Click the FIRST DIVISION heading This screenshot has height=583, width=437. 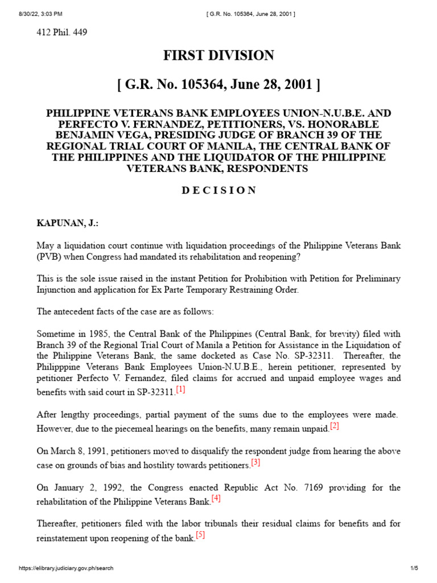pos(218,55)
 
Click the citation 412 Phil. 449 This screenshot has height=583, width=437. pos(62,32)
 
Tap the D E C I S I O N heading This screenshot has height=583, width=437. pos(218,190)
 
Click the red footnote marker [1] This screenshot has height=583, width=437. pos(180,389)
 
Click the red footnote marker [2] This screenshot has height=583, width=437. pos(334,426)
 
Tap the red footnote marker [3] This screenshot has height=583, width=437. pos(255,462)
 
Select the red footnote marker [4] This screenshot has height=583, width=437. pos(216,499)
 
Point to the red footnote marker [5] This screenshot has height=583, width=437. pos(200,535)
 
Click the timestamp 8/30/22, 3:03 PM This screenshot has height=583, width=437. pos(27,6)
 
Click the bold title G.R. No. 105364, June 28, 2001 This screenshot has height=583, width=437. pos(218,85)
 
